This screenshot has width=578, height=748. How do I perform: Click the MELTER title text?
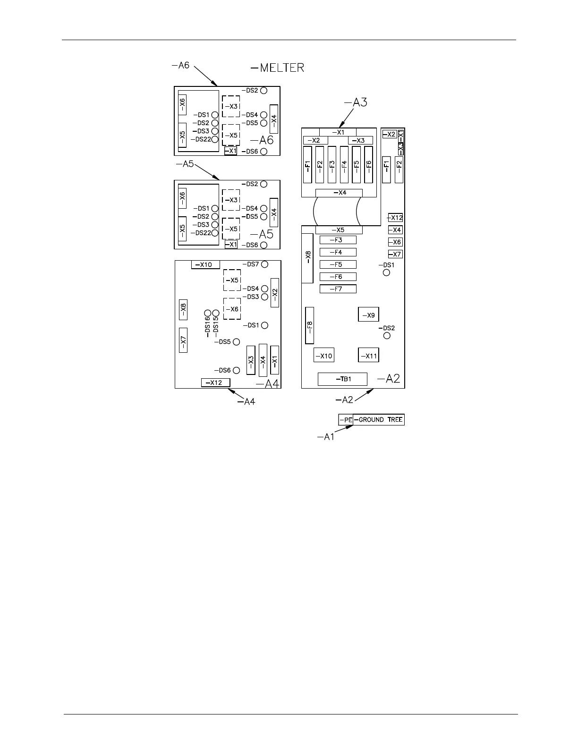pyautogui.click(x=278, y=68)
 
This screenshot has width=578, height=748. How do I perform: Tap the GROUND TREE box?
pyautogui.click(x=379, y=419)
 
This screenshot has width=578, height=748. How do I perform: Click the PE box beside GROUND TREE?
pyautogui.click(x=346, y=419)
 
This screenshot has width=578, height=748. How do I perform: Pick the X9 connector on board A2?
pyautogui.click(x=368, y=315)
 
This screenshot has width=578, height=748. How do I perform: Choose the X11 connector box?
pyautogui.click(x=368, y=356)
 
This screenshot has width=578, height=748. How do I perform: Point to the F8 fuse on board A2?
pyautogui.click(x=310, y=326)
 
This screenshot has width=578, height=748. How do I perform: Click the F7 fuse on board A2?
pyautogui.click(x=338, y=289)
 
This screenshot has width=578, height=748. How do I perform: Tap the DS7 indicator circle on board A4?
pyautogui.click(x=265, y=264)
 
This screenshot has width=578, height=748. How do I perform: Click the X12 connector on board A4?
pyautogui.click(x=215, y=382)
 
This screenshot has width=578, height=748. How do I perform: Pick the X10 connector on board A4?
pyautogui.click(x=205, y=264)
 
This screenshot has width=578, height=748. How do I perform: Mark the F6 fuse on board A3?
pyautogui.click(x=369, y=164)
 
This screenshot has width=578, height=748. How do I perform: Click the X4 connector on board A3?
pyautogui.click(x=339, y=193)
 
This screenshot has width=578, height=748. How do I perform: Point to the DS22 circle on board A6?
pyautogui.click(x=215, y=139)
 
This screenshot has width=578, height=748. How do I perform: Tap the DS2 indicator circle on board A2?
pyautogui.click(x=387, y=335)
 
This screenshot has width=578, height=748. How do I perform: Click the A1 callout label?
pyautogui.click(x=326, y=437)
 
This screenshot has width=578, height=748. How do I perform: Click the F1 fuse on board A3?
pyautogui.click(x=307, y=164)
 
